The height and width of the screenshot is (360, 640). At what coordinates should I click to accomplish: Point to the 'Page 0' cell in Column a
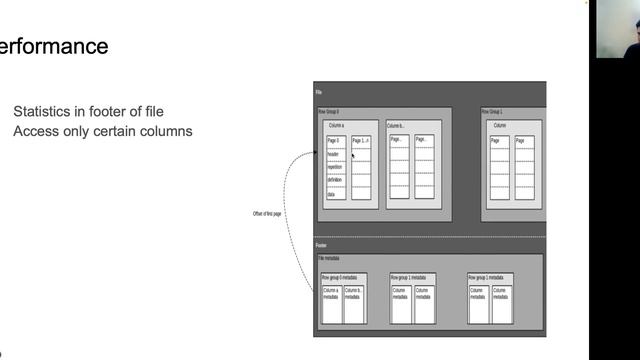point(335,142)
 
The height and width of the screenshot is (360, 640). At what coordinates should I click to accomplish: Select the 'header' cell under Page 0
point(335,154)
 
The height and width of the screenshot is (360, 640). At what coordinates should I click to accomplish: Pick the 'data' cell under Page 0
point(335,192)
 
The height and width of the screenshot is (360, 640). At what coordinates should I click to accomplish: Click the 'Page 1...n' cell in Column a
point(361,142)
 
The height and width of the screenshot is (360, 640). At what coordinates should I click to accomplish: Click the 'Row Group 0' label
point(330,112)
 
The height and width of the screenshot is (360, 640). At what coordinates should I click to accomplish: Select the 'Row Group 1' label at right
point(493,112)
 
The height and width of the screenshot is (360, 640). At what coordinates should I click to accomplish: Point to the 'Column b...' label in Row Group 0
point(396,126)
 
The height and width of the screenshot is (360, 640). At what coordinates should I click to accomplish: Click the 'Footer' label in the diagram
point(322,245)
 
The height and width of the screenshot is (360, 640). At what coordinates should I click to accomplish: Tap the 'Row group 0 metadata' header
point(342,277)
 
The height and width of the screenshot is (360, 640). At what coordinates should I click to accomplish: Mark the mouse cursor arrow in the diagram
point(353,155)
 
